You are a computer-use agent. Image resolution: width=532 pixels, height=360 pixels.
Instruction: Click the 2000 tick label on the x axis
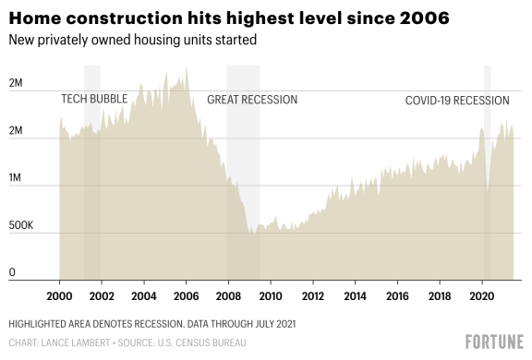(59, 296)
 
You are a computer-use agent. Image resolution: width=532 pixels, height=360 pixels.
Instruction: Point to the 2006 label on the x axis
(186, 296)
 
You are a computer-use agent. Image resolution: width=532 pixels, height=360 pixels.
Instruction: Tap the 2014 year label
(354, 296)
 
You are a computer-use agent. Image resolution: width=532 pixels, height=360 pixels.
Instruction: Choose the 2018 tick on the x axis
(439, 296)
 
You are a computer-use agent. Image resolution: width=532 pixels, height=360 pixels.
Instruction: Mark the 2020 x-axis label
(480, 296)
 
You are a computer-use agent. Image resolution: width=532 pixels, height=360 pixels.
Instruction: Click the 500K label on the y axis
(21, 225)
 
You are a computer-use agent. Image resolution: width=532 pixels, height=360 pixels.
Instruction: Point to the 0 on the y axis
(12, 272)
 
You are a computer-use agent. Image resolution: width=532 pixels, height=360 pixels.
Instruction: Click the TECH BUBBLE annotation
(94, 99)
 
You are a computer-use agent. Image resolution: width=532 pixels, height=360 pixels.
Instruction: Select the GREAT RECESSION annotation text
(252, 99)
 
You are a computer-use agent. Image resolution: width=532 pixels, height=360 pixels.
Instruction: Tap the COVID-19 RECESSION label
(457, 99)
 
